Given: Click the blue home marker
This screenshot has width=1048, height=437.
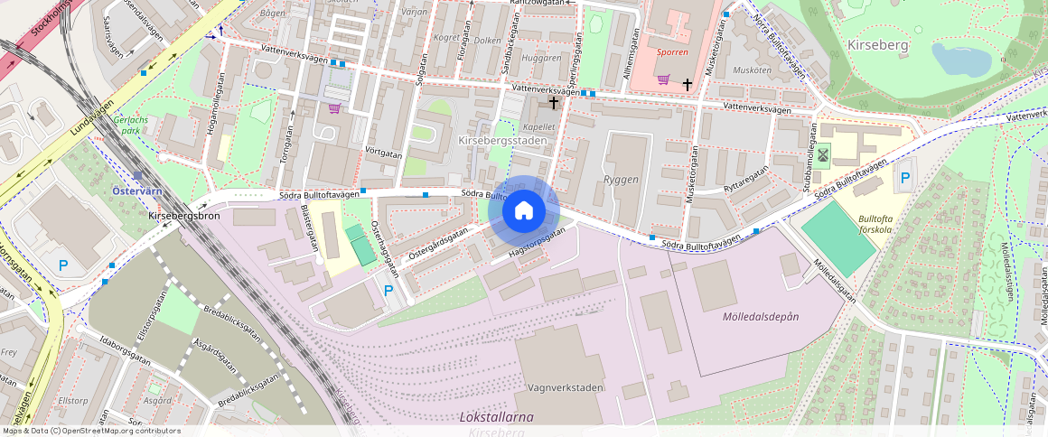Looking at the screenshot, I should pyautogui.click(x=524, y=211).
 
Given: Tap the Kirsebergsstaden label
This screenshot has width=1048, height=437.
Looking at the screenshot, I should pyautogui.click(x=503, y=142).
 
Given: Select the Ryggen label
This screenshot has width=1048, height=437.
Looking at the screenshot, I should pyautogui.click(x=621, y=180).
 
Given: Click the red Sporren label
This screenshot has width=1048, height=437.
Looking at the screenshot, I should pyautogui.click(x=673, y=52).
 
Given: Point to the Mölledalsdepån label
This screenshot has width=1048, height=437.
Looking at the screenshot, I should pyautogui.click(x=761, y=317).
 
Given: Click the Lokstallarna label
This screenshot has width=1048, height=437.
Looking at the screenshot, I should pyautogui.click(x=496, y=417).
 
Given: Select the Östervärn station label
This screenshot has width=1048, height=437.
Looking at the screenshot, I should pyautogui.click(x=136, y=191).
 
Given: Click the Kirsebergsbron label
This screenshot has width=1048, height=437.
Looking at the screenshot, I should pyautogui.click(x=185, y=218).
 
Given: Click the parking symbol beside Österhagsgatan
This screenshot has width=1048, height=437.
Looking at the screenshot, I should pyautogui.click(x=388, y=291).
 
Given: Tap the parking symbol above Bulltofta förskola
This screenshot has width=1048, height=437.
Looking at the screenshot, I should pyautogui.click(x=904, y=179).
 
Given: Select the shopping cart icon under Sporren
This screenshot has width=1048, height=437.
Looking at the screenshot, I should pyautogui.click(x=664, y=79).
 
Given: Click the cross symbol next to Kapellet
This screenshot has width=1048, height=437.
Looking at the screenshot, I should pyautogui.click(x=553, y=103).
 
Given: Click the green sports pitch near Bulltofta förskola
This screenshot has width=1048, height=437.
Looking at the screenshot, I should pyautogui.click(x=838, y=237).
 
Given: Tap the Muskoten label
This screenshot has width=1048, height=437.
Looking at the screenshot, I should pyautogui.click(x=752, y=70).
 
